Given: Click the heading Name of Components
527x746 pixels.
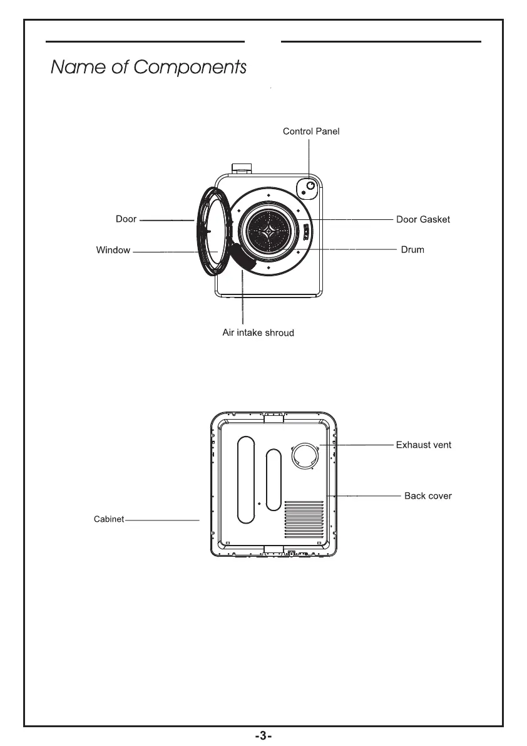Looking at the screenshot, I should [148, 67].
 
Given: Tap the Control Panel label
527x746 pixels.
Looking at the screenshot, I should [311, 132].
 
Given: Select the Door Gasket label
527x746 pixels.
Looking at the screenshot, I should [423, 220].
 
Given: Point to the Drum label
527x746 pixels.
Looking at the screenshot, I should [412, 249].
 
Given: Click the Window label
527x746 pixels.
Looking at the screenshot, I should [113, 250].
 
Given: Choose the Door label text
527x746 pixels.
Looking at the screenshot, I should [126, 219].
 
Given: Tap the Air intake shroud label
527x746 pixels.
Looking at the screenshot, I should [258, 332].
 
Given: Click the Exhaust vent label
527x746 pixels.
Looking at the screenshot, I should [424, 445].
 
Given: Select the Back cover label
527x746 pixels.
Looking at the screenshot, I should [428, 495].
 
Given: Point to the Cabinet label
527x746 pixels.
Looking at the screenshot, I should [109, 519].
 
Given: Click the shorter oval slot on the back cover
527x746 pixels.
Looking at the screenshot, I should [274, 480].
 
